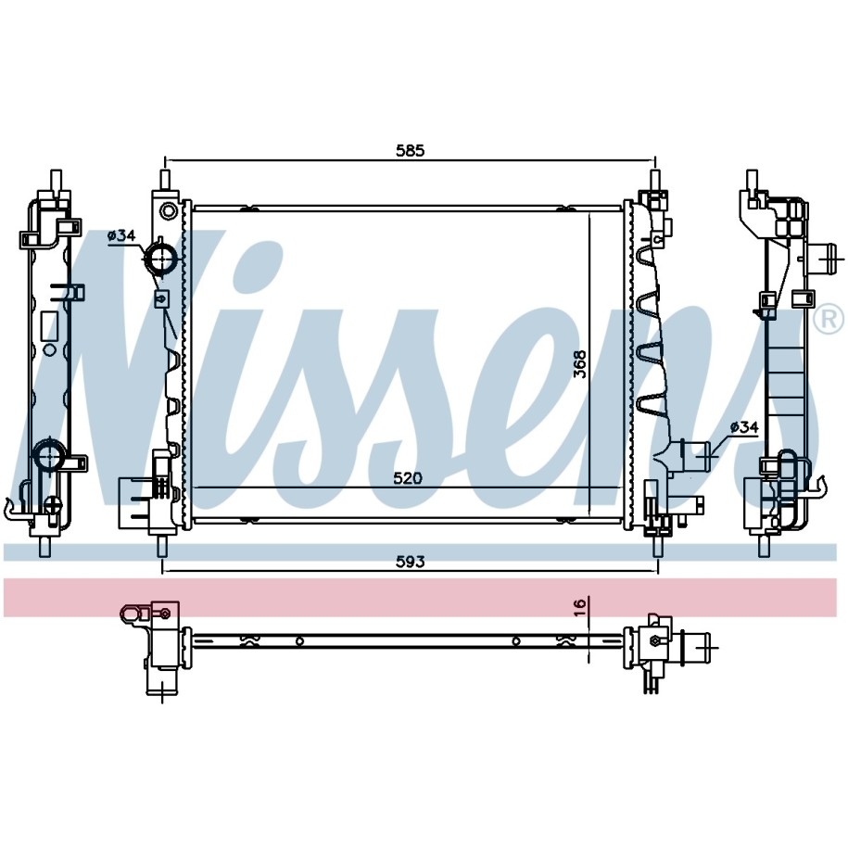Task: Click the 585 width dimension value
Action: pos(411,150)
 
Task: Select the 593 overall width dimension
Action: pos(411,563)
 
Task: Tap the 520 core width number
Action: pos(407,478)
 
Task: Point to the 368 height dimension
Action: pos(580,364)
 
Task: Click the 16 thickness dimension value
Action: pos(580,607)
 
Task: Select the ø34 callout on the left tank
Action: pos(121,235)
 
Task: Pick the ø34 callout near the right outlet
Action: pos(744,427)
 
